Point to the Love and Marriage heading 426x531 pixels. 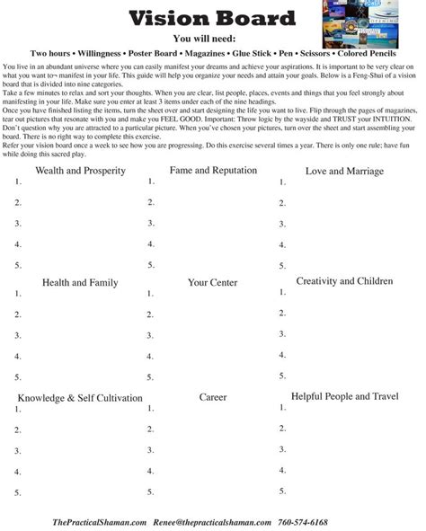point(344,171)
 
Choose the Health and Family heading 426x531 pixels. point(79,283)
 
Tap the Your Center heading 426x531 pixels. point(212,283)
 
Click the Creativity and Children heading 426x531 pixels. point(344,282)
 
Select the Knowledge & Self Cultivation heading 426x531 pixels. point(79,397)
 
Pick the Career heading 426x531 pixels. point(212,395)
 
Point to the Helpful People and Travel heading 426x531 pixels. point(344,395)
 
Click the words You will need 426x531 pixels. point(211,39)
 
